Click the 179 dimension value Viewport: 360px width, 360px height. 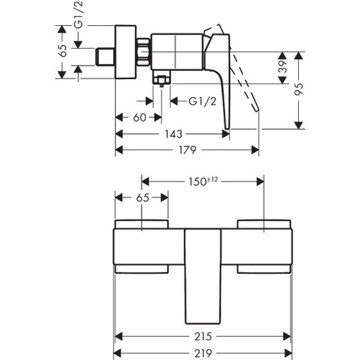(187, 150)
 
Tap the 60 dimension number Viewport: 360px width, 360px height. (139, 118)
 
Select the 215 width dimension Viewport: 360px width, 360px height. (202, 337)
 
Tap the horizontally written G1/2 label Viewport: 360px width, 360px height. (202, 101)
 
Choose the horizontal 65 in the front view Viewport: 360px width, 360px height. (142, 197)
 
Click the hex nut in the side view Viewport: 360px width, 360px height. (143, 52)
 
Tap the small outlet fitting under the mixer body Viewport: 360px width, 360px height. (161, 78)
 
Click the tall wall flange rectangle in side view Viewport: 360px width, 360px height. (126, 52)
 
